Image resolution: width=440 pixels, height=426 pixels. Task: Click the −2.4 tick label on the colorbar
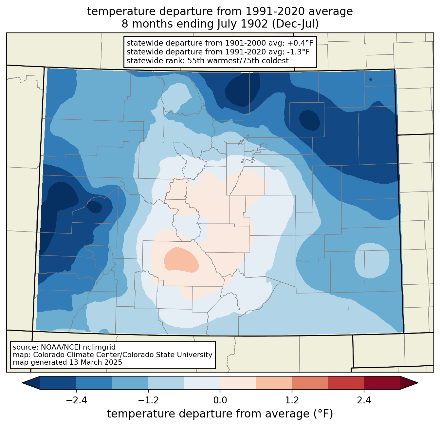pos(76,400)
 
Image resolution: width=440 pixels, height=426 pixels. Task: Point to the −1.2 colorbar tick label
pos(148,400)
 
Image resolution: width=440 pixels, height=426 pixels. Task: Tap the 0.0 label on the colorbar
pos(220,400)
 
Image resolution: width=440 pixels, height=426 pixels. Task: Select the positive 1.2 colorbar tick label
pos(292,400)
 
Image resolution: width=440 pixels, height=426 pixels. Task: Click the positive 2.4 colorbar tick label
pos(364,400)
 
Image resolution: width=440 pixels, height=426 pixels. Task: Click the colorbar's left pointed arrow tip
pos(22,383)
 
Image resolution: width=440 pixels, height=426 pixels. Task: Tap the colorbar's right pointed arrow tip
pos(418,383)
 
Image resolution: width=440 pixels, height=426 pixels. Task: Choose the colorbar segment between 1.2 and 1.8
pos(310,383)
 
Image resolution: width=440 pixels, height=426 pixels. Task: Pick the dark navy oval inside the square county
pos(309,120)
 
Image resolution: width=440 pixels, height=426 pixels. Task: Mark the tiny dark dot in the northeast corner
pos(370,79)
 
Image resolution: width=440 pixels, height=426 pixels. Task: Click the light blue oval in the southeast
pos(372,261)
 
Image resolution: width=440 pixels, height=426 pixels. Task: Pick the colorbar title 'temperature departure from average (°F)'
pos(220,414)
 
